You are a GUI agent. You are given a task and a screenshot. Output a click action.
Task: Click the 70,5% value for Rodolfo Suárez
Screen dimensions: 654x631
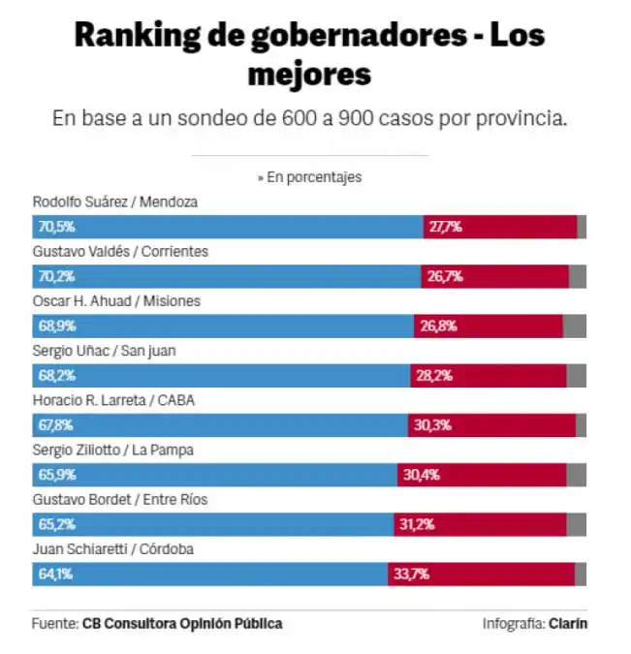[56, 228]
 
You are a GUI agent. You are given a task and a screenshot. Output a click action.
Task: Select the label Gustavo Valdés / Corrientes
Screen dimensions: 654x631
[120, 252]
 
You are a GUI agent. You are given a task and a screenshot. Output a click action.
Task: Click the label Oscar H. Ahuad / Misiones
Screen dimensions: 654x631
[116, 301]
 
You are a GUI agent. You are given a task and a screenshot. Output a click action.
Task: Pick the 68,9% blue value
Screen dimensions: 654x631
[56, 327]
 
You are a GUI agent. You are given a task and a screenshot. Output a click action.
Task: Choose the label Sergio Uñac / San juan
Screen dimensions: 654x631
[104, 351]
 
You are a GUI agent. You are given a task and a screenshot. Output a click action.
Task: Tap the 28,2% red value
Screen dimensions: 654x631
[434, 376]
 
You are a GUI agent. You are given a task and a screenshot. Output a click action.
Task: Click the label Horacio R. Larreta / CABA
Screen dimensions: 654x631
[114, 400]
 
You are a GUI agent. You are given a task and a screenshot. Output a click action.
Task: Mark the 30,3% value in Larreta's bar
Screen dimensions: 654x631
[431, 425]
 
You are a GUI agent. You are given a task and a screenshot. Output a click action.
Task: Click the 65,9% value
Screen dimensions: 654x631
[56, 475]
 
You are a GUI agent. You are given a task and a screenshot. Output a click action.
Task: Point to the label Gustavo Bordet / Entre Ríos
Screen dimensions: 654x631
[119, 500]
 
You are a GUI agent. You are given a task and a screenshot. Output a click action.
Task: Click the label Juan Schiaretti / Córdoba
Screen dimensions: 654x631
[113, 549]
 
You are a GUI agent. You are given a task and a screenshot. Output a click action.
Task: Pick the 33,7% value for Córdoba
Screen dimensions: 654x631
[411, 575]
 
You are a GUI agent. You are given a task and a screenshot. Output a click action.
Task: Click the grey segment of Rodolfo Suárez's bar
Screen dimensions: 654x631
[582, 228]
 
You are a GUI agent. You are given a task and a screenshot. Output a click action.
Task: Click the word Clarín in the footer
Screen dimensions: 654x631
[568, 624]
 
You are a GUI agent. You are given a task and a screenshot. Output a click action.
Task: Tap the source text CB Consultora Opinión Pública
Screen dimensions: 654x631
[182, 624]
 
